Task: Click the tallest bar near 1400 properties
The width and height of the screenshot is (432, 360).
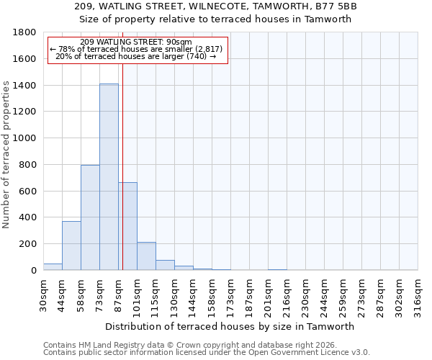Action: (109, 176)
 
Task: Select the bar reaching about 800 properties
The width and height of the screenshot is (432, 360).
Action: (90, 217)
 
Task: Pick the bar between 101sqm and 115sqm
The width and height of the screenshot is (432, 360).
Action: (146, 256)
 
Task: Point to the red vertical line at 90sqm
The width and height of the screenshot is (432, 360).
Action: (122, 158)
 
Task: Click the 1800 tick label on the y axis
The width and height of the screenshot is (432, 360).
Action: (24, 32)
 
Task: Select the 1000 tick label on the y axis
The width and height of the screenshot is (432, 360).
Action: (24, 138)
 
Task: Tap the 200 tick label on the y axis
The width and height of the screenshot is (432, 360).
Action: (27, 244)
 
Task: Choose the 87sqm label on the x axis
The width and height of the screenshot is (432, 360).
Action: (118, 294)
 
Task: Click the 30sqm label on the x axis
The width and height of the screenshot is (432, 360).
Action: (43, 294)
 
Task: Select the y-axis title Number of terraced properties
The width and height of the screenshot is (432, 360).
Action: (6, 155)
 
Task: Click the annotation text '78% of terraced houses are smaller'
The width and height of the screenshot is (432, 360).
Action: (136, 49)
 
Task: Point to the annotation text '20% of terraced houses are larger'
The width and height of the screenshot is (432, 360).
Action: (136, 56)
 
